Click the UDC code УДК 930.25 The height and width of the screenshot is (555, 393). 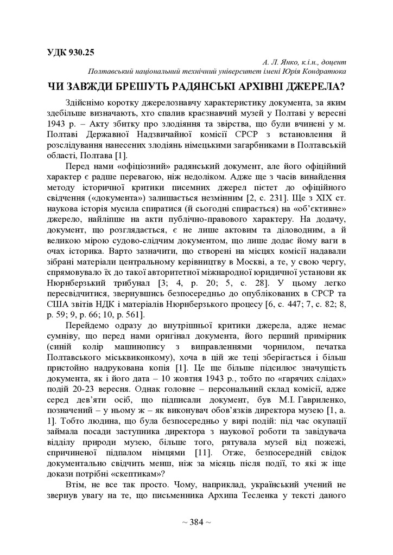(71, 53)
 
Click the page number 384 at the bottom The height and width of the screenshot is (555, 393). (196, 522)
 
